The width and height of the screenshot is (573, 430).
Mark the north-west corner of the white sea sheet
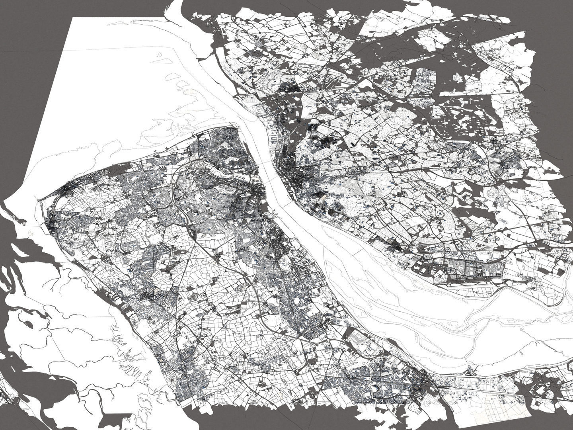[70, 18]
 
